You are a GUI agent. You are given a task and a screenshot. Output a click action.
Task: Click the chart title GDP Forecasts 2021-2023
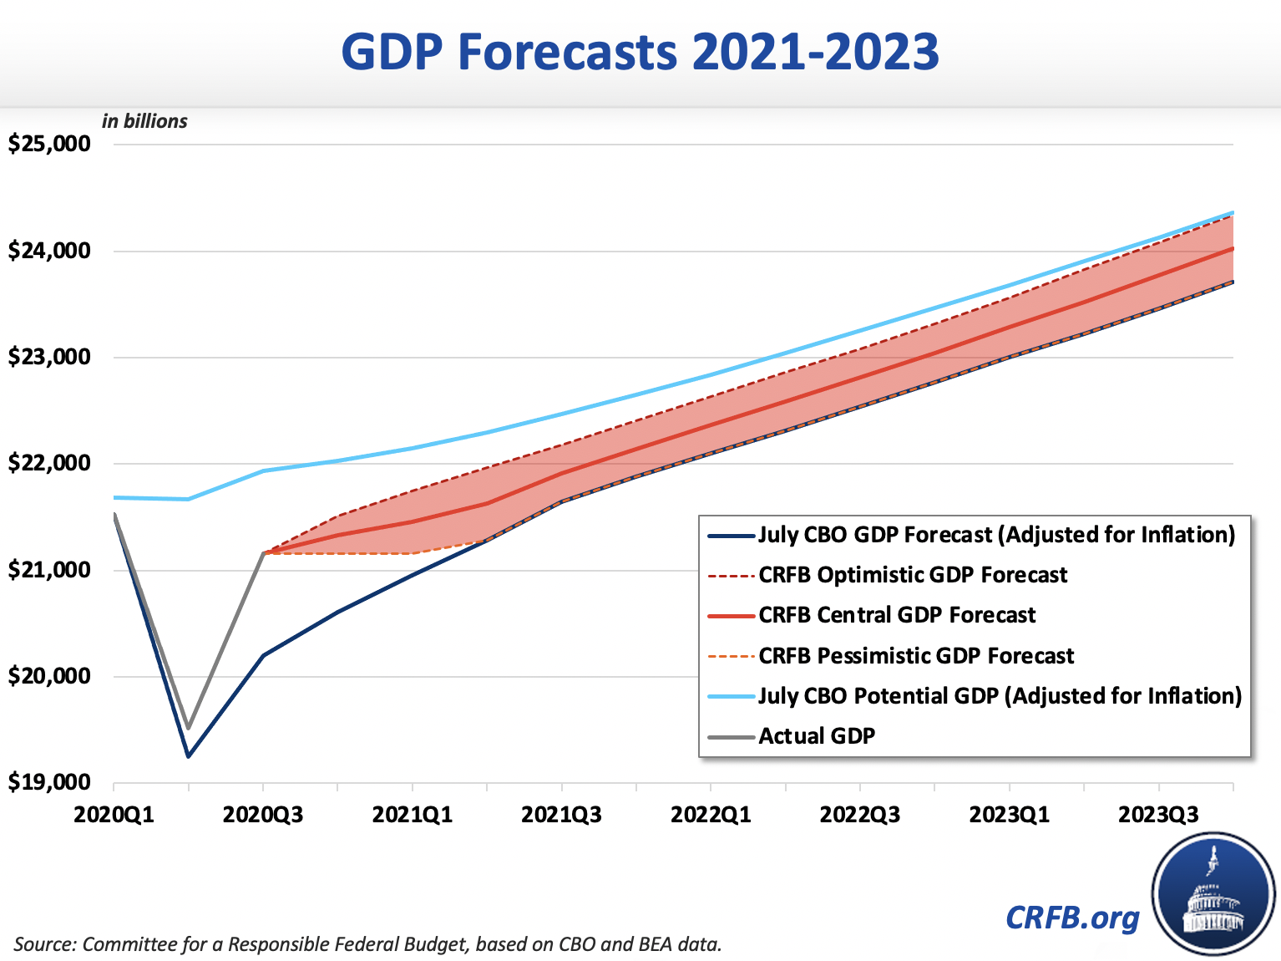[x=640, y=52]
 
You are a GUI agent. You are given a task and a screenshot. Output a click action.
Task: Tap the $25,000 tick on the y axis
[x=49, y=144]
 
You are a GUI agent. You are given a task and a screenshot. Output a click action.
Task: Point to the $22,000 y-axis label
[x=49, y=464]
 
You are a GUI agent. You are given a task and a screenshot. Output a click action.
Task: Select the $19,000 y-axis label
[x=49, y=783]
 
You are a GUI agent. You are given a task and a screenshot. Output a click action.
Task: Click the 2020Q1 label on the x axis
[x=114, y=815]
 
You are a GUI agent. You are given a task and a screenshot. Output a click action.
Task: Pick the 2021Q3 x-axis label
[x=561, y=815]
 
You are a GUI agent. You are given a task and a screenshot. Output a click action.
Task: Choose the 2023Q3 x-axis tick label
[x=1158, y=815]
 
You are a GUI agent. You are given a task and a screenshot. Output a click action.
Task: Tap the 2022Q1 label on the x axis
[x=711, y=815]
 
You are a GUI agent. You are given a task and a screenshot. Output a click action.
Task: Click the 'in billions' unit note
[x=144, y=121]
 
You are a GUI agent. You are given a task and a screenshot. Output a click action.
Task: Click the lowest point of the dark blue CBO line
[x=189, y=756]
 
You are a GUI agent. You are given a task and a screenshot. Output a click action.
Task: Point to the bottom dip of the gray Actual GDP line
[x=189, y=728]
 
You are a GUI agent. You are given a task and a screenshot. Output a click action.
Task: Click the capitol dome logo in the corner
[x=1213, y=894]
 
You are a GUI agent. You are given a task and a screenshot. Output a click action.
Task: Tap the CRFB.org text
[x=1072, y=918]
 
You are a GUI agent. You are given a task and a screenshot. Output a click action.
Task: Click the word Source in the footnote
[x=44, y=944]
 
